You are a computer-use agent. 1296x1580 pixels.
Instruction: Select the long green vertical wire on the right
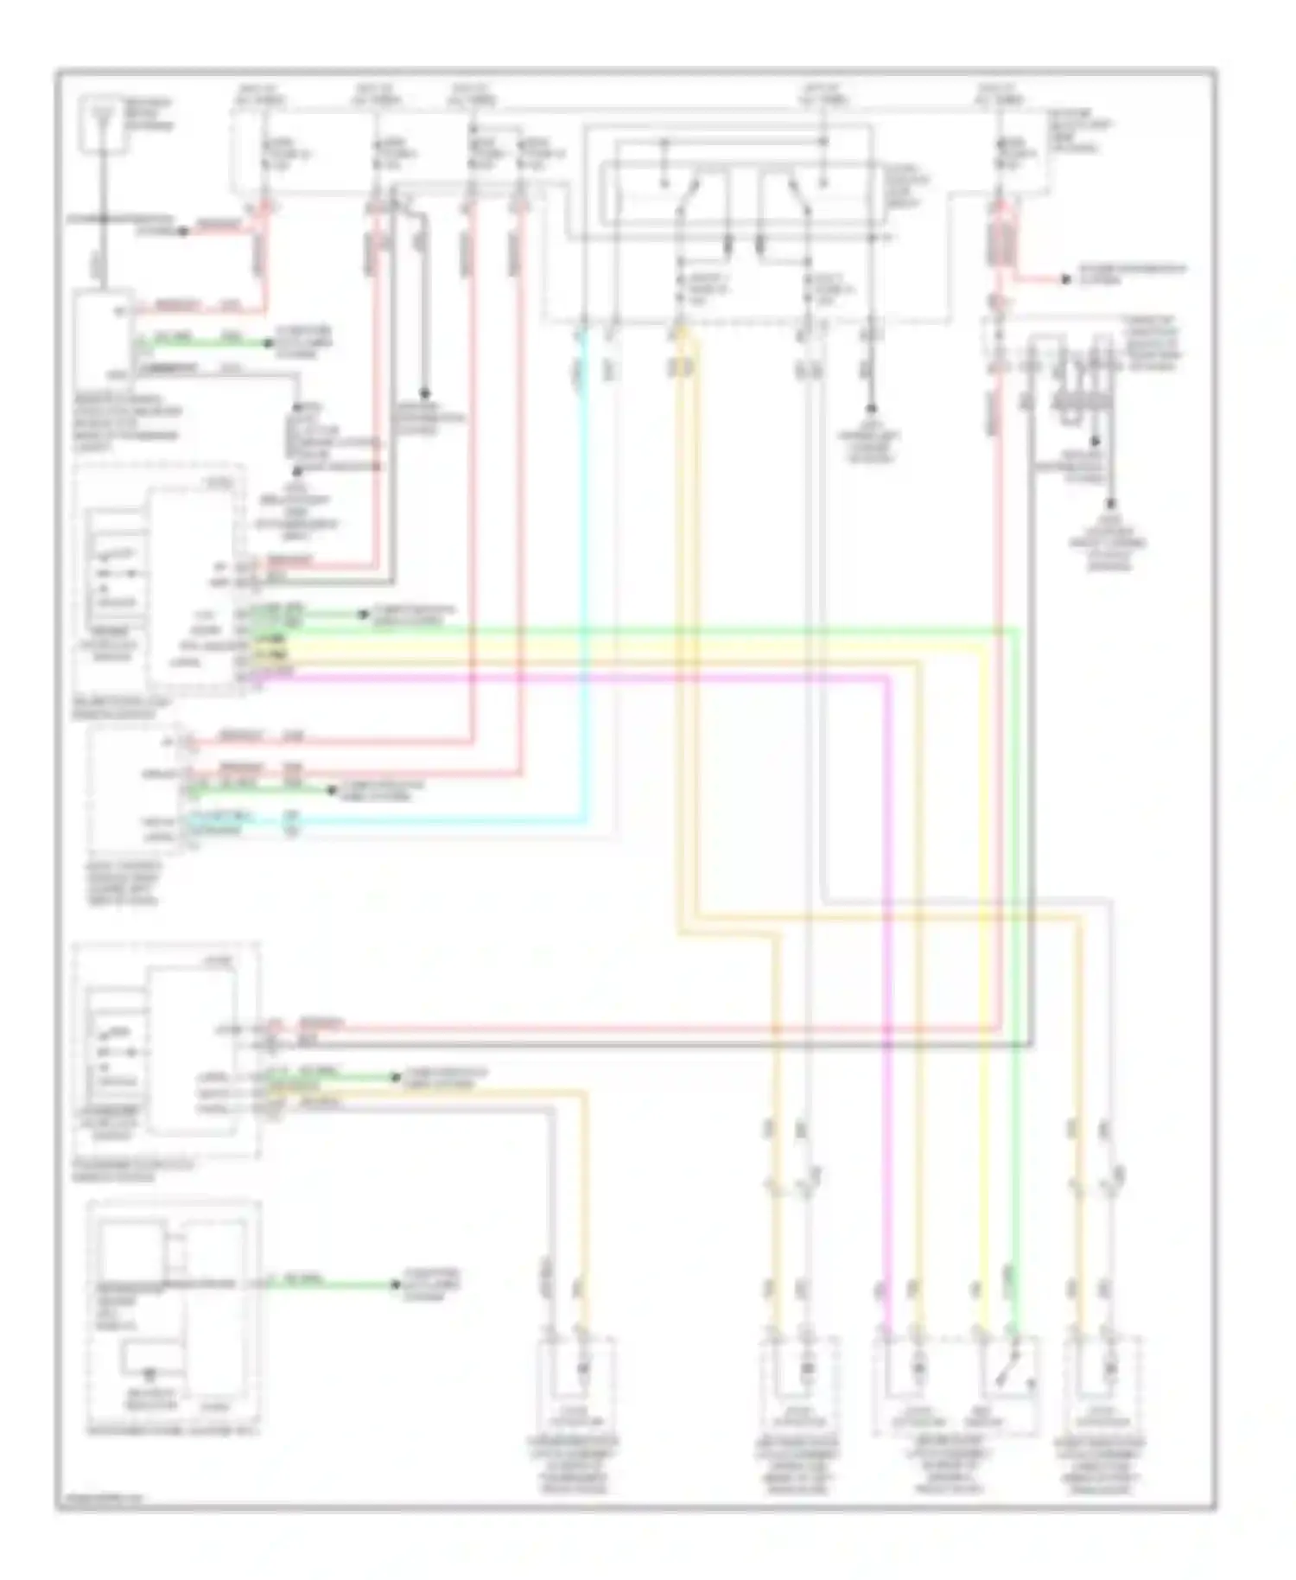tap(1016, 951)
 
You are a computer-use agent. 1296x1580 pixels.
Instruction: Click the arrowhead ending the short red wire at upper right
tap(1065, 278)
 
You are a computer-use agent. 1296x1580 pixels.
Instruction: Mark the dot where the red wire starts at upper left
tap(183, 232)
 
